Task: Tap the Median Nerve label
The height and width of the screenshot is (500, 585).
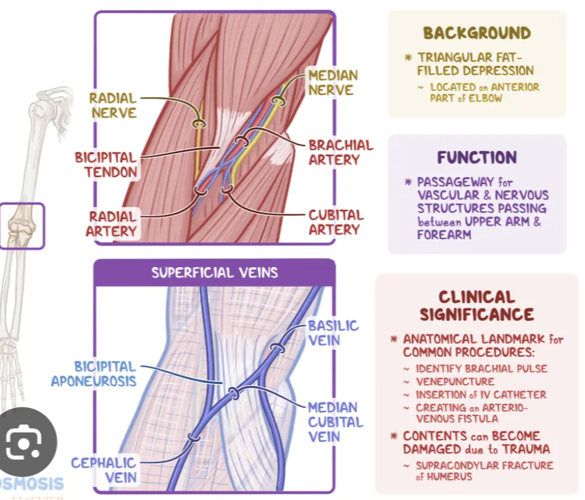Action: tap(333, 83)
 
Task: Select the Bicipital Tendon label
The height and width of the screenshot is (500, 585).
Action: tap(106, 164)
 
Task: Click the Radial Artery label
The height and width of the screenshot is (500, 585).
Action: tap(112, 223)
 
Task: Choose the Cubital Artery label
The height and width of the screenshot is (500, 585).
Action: tap(336, 222)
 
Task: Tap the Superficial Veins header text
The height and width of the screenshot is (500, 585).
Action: tap(214, 272)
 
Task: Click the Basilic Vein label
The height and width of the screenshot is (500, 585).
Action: tap(333, 333)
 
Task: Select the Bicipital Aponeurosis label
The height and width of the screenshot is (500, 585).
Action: tap(94, 373)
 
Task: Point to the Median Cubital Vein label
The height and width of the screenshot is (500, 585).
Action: tap(333, 422)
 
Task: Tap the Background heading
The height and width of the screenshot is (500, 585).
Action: tap(476, 33)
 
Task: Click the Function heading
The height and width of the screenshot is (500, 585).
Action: tap(477, 157)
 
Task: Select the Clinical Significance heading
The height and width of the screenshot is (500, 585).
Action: tap(476, 306)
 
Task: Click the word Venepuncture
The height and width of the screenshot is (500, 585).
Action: tap(455, 381)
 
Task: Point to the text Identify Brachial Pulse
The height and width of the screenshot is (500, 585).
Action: tap(481, 369)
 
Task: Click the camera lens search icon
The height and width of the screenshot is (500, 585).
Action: tap(23, 441)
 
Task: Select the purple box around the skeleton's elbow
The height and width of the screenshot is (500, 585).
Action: tap(22, 226)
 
